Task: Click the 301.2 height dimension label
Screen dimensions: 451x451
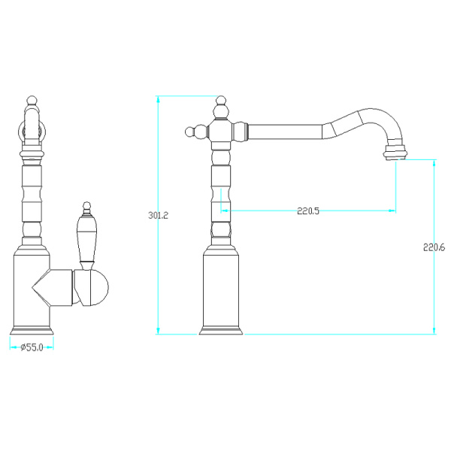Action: tap(158, 215)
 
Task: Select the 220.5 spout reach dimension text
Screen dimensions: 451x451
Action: tap(308, 211)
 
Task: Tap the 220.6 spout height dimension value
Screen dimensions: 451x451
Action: tap(434, 247)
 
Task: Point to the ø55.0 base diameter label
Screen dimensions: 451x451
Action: tap(32, 347)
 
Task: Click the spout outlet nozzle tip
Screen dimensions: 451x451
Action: tap(395, 152)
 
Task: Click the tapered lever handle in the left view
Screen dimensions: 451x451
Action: tap(86, 239)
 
